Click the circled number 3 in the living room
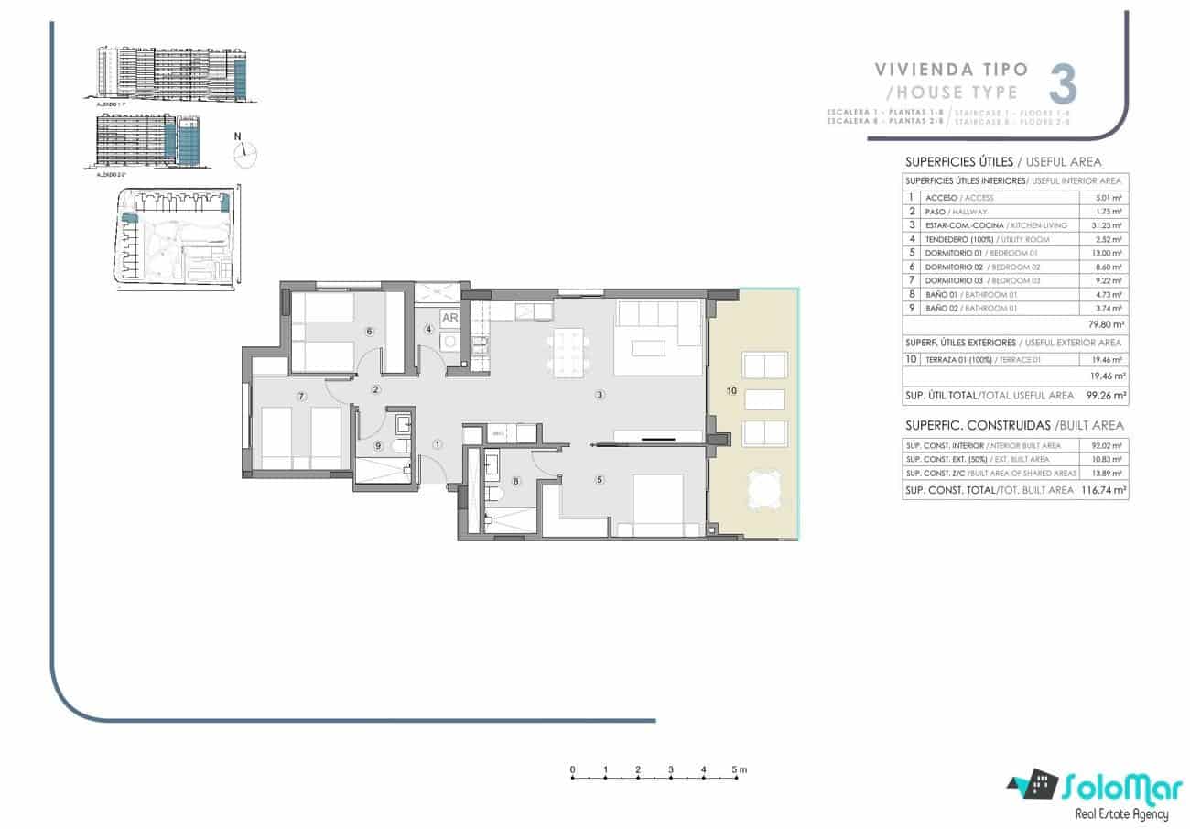(x=600, y=396)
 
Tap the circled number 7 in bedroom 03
(x=301, y=396)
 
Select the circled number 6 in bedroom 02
(x=369, y=332)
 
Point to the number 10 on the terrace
(x=731, y=391)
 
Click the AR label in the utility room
(x=449, y=319)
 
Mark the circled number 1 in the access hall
(x=438, y=445)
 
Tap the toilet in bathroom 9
(x=398, y=446)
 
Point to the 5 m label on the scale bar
(x=740, y=769)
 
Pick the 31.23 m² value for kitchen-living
(x=1109, y=225)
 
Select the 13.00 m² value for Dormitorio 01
(x=1109, y=253)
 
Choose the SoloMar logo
(x=1094, y=791)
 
